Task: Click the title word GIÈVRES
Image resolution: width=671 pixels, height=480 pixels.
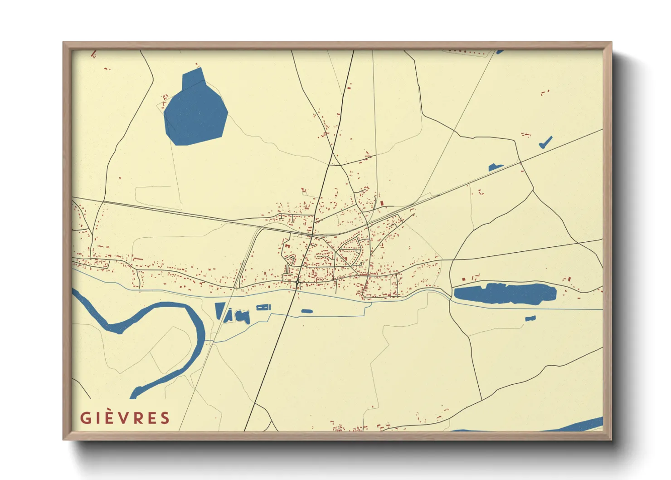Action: [x=125, y=418]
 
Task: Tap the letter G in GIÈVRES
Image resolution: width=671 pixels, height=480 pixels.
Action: [x=85, y=418]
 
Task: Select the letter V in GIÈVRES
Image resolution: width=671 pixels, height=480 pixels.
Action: [x=124, y=418]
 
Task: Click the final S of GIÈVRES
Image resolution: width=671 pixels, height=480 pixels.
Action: [x=165, y=418]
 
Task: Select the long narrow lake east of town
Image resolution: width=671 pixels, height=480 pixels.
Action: [x=505, y=294]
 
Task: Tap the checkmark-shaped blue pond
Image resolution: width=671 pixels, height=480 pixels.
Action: [x=545, y=142]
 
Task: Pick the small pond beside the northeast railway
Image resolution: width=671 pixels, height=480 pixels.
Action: [x=496, y=167]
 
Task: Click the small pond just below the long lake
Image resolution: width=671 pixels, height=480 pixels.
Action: [x=530, y=318]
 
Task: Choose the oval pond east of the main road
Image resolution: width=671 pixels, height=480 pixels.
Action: [x=307, y=311]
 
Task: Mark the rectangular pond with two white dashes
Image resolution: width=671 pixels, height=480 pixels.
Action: [x=263, y=308]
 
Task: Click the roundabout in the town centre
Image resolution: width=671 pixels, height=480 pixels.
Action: [x=297, y=282]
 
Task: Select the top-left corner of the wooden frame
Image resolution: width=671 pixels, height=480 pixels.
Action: [x=64, y=43]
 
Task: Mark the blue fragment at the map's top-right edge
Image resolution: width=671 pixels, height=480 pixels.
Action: [x=500, y=52]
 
